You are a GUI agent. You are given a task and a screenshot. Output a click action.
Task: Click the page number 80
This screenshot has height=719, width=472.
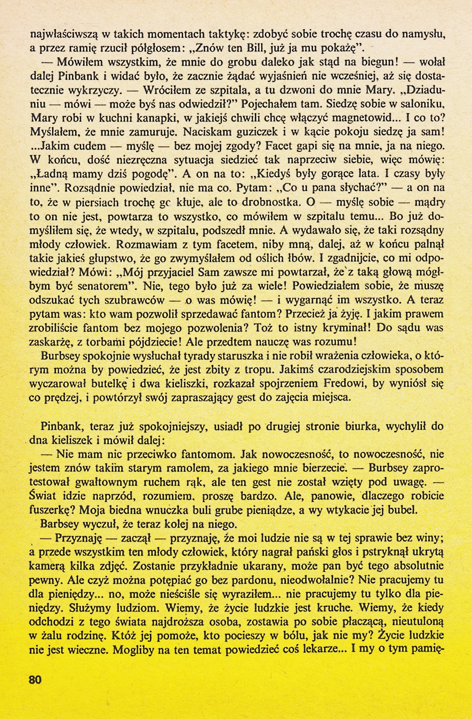click(35, 680)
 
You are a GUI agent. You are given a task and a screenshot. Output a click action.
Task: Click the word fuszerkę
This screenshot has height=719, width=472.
click(52, 510)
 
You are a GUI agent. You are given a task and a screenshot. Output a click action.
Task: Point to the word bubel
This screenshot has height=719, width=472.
click(403, 510)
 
